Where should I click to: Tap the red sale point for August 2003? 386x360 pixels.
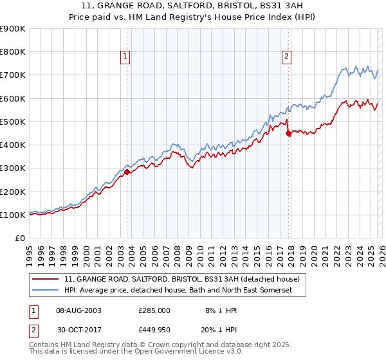[x=127, y=172]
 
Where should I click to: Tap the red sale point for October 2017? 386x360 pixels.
[x=288, y=133]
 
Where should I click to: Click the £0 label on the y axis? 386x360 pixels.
[x=19, y=239]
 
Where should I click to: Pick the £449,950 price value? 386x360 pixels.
[x=154, y=330]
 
